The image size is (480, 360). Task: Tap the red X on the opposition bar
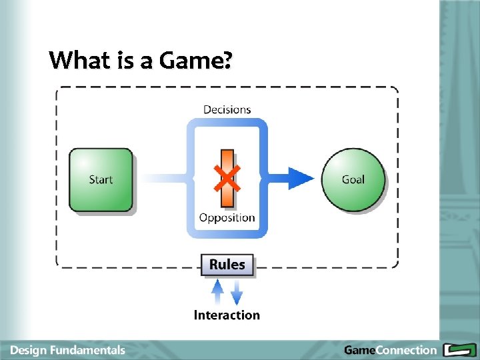pyautogui.click(x=227, y=178)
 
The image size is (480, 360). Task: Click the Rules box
pyautogui.click(x=227, y=265)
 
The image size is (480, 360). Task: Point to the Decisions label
pyautogui.click(x=227, y=109)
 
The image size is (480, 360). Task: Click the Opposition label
pyautogui.click(x=227, y=217)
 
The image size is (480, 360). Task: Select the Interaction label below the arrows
pyautogui.click(x=227, y=315)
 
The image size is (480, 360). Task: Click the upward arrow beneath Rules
pyautogui.click(x=217, y=291)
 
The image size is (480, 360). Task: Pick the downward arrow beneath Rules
pyautogui.click(x=237, y=292)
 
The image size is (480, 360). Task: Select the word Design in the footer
pyautogui.click(x=28, y=350)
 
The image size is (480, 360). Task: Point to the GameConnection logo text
pyautogui.click(x=390, y=350)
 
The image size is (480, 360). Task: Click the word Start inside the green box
pyautogui.click(x=101, y=179)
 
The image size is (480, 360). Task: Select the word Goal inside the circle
pyautogui.click(x=353, y=179)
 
